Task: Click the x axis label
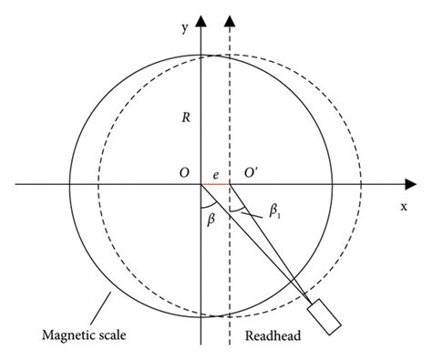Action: (x=402, y=206)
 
